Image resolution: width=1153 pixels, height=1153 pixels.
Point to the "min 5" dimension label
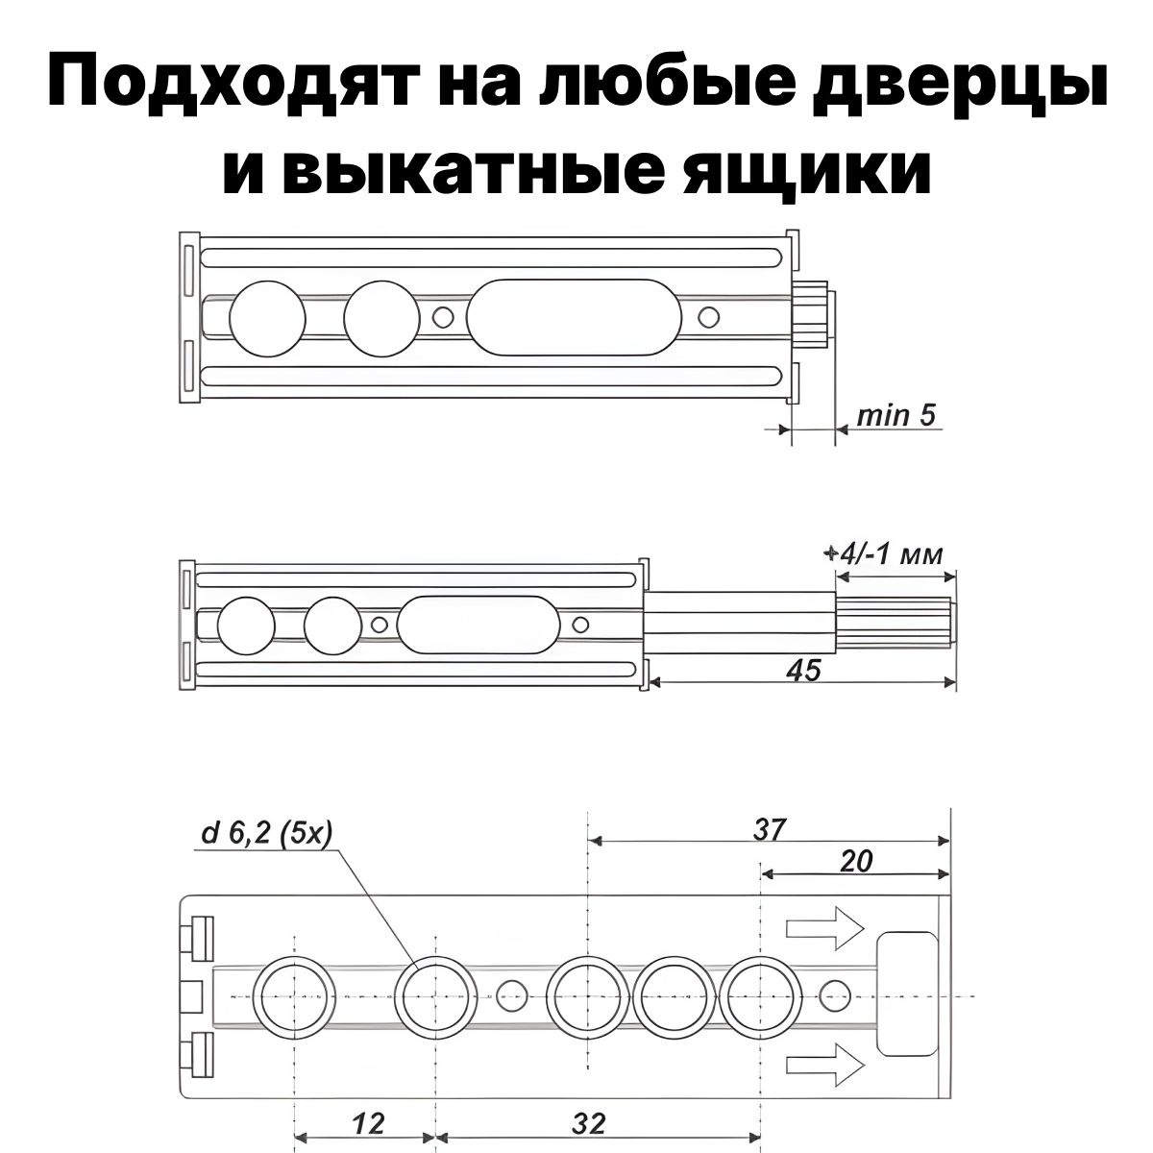click(895, 416)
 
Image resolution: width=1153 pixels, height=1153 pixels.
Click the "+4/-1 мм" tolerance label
click(884, 554)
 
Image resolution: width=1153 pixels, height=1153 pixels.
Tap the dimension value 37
click(769, 830)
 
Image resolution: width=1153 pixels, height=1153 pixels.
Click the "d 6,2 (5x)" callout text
click(266, 833)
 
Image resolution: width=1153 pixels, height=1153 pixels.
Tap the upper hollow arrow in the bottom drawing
click(825, 928)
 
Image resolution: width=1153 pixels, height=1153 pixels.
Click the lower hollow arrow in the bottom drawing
click(825, 1065)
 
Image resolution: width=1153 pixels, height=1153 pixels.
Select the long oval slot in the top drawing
click(574, 317)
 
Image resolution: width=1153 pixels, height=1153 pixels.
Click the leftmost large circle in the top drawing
click(267, 318)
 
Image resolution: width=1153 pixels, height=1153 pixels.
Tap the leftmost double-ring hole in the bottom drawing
click(294, 996)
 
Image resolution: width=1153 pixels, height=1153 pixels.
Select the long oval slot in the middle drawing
click(478, 625)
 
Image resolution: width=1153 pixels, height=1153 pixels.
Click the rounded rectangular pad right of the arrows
click(907, 994)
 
